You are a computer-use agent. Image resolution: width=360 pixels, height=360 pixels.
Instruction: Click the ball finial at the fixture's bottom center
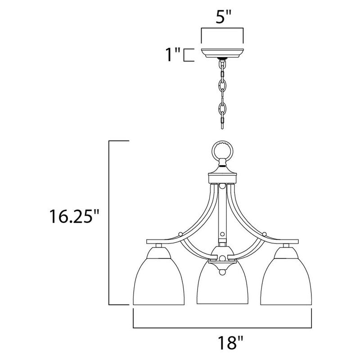coord(223,272)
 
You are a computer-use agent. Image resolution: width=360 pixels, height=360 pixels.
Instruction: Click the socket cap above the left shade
coord(158,246)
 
